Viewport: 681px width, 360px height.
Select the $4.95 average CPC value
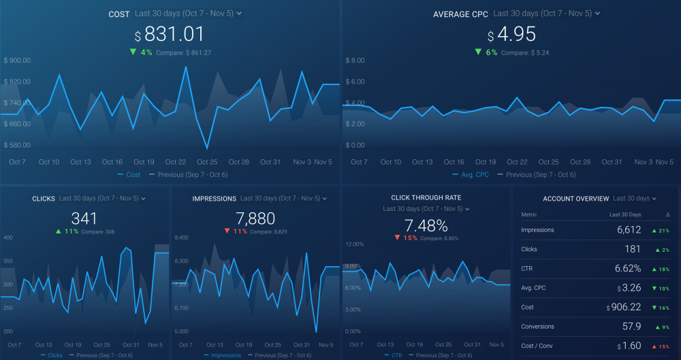coord(512,34)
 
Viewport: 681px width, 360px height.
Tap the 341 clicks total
coord(84,218)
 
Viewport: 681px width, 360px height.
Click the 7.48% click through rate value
coord(426,225)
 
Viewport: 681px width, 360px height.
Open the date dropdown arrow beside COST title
coord(239,14)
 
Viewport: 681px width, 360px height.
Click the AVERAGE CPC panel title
coord(460,14)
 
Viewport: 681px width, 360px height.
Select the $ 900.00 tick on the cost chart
coord(18,61)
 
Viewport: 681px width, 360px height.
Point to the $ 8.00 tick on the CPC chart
coord(356,61)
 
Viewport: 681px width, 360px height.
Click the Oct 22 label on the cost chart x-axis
coord(176,162)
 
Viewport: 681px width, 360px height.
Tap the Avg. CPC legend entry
coord(471,175)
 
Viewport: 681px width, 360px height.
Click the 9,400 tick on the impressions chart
coord(183,238)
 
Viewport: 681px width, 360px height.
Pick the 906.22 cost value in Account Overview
coord(626,307)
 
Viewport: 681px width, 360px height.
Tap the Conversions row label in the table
coord(537,327)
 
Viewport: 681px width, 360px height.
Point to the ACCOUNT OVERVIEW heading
coord(575,199)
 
